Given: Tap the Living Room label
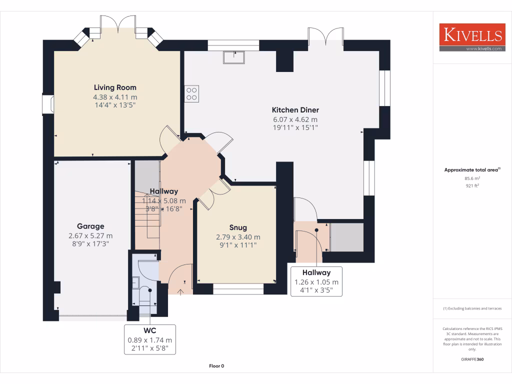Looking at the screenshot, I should pos(115,87).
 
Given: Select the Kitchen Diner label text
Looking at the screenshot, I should pos(295,110).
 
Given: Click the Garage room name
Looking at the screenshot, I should pos(90,226).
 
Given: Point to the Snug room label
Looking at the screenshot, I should pos(238,227).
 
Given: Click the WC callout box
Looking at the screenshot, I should pos(150,339).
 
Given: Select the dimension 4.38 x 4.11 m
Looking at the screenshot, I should pos(115,96).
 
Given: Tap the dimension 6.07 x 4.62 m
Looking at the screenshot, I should pos(295,119).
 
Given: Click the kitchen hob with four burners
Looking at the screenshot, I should pos(192,93).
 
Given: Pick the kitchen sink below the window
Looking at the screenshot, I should pos(234,57).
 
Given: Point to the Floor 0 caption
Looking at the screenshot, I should pos(216,366).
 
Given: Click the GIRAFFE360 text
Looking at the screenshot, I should pos(472,359).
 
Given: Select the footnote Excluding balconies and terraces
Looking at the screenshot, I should pos(472,308).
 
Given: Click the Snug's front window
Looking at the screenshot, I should pos(238,289).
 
